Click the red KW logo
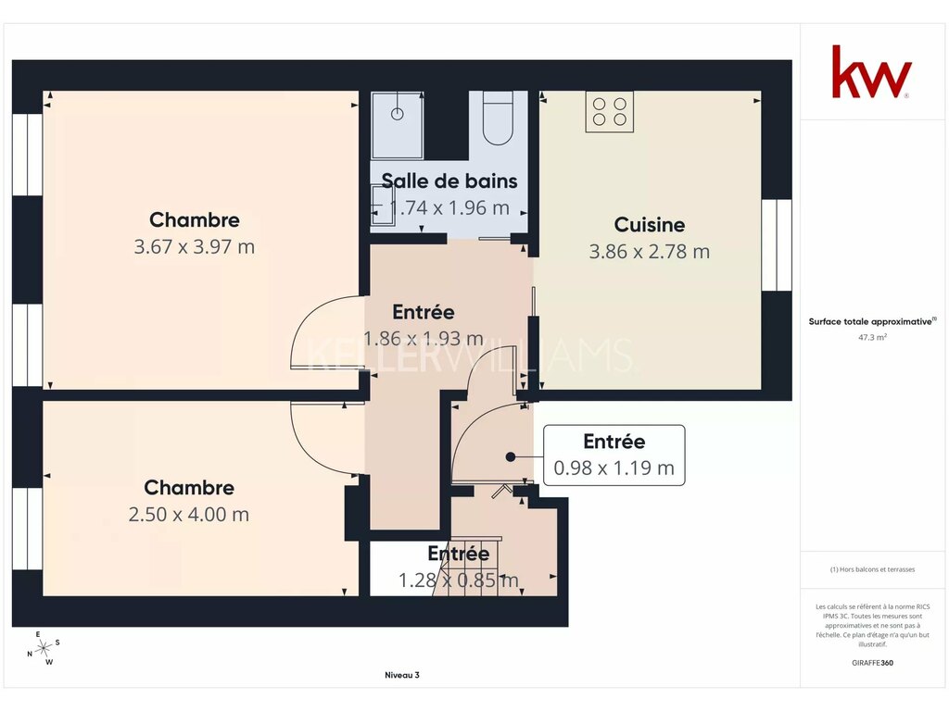click(871, 71)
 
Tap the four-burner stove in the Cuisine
click(610, 111)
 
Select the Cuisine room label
click(650, 224)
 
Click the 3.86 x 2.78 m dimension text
click(650, 252)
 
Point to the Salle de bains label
click(449, 181)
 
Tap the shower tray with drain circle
click(397, 125)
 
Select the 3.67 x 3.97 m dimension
click(195, 246)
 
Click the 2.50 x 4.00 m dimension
click(189, 515)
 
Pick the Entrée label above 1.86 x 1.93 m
click(423, 312)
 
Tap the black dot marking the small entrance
click(511, 457)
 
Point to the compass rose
click(44, 649)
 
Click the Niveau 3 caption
click(402, 675)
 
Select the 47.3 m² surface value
click(872, 337)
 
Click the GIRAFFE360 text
click(872, 663)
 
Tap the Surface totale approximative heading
click(872, 321)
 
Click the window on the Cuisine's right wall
click(777, 244)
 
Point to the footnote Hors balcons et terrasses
click(872, 569)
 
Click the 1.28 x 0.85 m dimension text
click(458, 580)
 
